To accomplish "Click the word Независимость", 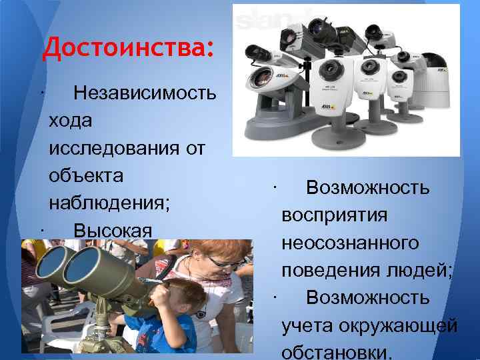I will coord(145,93).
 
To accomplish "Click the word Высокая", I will coord(113,231).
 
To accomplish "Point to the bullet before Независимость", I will coord(41,92).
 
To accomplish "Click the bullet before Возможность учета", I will coord(274,296).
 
